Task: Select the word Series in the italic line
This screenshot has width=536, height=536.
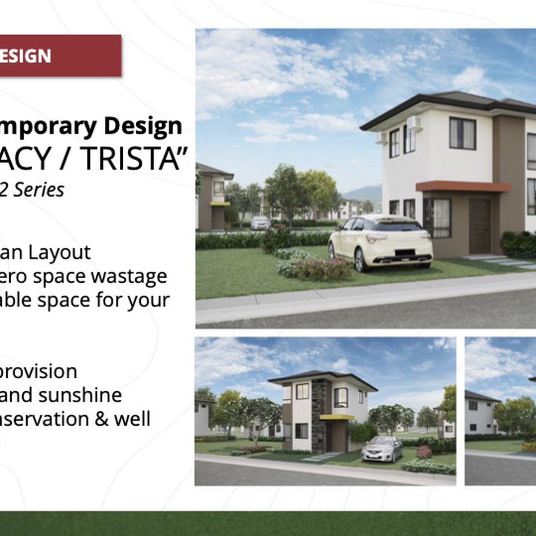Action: click(39, 190)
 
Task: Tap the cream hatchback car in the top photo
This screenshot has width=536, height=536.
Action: click(380, 241)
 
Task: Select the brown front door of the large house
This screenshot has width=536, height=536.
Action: click(479, 226)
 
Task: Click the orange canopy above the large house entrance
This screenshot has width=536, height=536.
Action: click(462, 186)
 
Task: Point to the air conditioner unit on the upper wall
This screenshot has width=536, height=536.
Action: click(414, 123)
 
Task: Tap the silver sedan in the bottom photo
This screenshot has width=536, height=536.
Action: click(382, 448)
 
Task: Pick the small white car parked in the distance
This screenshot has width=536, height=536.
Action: click(260, 222)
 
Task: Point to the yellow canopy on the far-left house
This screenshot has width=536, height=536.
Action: click(220, 204)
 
